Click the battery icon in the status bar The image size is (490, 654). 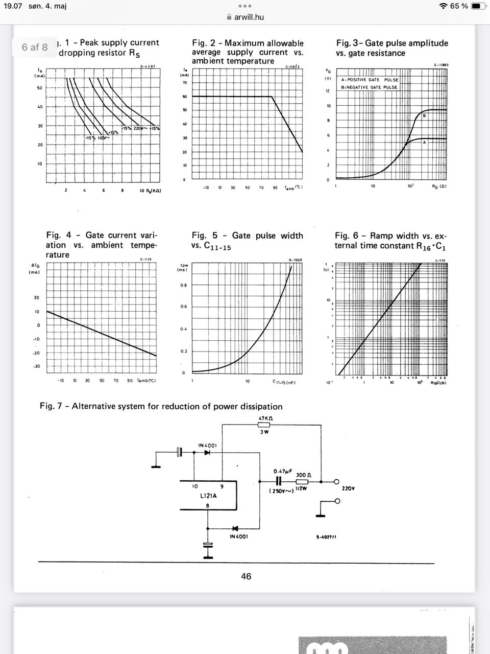(x=478, y=6)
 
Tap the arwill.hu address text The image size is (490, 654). (x=249, y=17)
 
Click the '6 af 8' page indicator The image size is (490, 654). (x=35, y=47)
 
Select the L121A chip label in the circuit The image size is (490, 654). (x=208, y=496)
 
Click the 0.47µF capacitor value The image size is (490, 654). (x=282, y=471)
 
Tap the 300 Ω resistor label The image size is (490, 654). (x=304, y=475)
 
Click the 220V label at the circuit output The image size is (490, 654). (x=348, y=488)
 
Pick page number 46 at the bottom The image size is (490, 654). (x=246, y=576)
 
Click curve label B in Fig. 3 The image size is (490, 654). (x=424, y=116)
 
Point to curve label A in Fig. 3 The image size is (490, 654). (x=424, y=142)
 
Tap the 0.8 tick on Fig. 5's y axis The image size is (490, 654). (x=183, y=285)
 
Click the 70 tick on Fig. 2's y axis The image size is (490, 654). (x=184, y=83)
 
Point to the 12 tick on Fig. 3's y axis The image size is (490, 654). (x=328, y=91)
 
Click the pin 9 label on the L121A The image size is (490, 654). (x=222, y=486)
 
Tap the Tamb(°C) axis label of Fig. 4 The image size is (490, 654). (x=146, y=381)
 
